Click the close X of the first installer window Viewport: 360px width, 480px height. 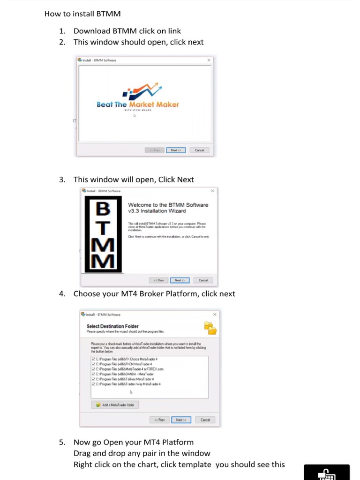tap(209, 60)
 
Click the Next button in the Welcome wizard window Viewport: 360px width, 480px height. tap(179, 280)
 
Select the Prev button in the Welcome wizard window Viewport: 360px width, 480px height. tap(159, 280)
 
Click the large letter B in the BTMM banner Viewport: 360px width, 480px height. tap(103, 209)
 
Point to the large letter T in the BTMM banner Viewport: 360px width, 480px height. tap(103, 228)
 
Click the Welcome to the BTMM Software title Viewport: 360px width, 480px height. tap(168, 208)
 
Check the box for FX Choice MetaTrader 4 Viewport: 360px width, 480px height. tap(94, 359)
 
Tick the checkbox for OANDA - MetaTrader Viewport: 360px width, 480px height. tap(94, 374)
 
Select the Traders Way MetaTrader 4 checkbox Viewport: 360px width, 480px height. tap(94, 384)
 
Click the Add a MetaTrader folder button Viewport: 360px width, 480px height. tap(115, 405)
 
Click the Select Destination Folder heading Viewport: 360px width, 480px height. tap(112, 326)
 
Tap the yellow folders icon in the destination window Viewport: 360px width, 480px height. tap(210, 328)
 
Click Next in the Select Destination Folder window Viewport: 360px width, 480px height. tap(181, 420)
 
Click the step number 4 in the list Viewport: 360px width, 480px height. tap(62, 294)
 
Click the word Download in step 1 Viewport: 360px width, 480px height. tap(92, 31)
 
